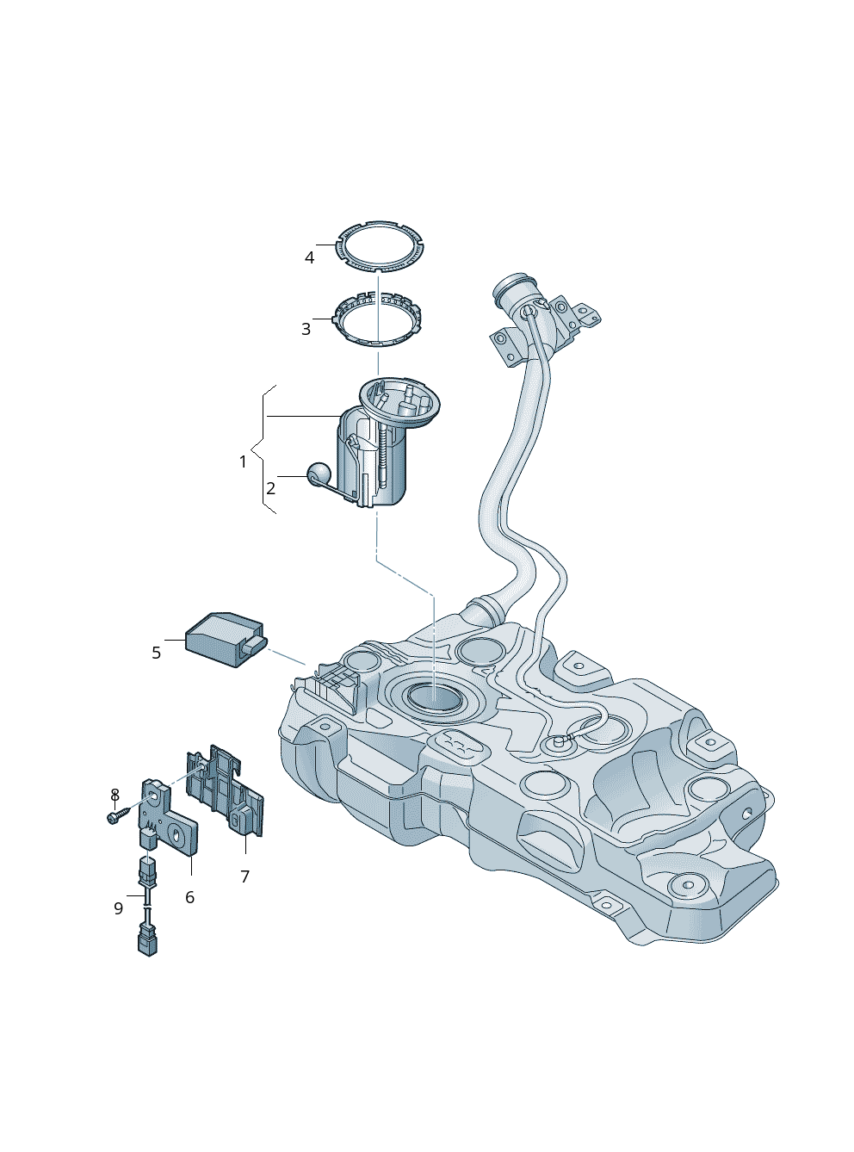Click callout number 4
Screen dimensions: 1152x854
coord(310,257)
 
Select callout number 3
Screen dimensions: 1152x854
coord(306,329)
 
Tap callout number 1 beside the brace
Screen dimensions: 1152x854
coord(243,461)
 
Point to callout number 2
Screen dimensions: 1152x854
coord(270,488)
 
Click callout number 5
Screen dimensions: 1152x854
coord(156,653)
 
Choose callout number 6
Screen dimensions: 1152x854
coord(189,897)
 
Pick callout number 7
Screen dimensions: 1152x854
coord(245,876)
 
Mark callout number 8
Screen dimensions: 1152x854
coord(114,794)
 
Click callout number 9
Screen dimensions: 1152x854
coord(118,908)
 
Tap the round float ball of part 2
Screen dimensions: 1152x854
coord(319,472)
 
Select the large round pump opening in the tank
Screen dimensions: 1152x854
coord(435,696)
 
